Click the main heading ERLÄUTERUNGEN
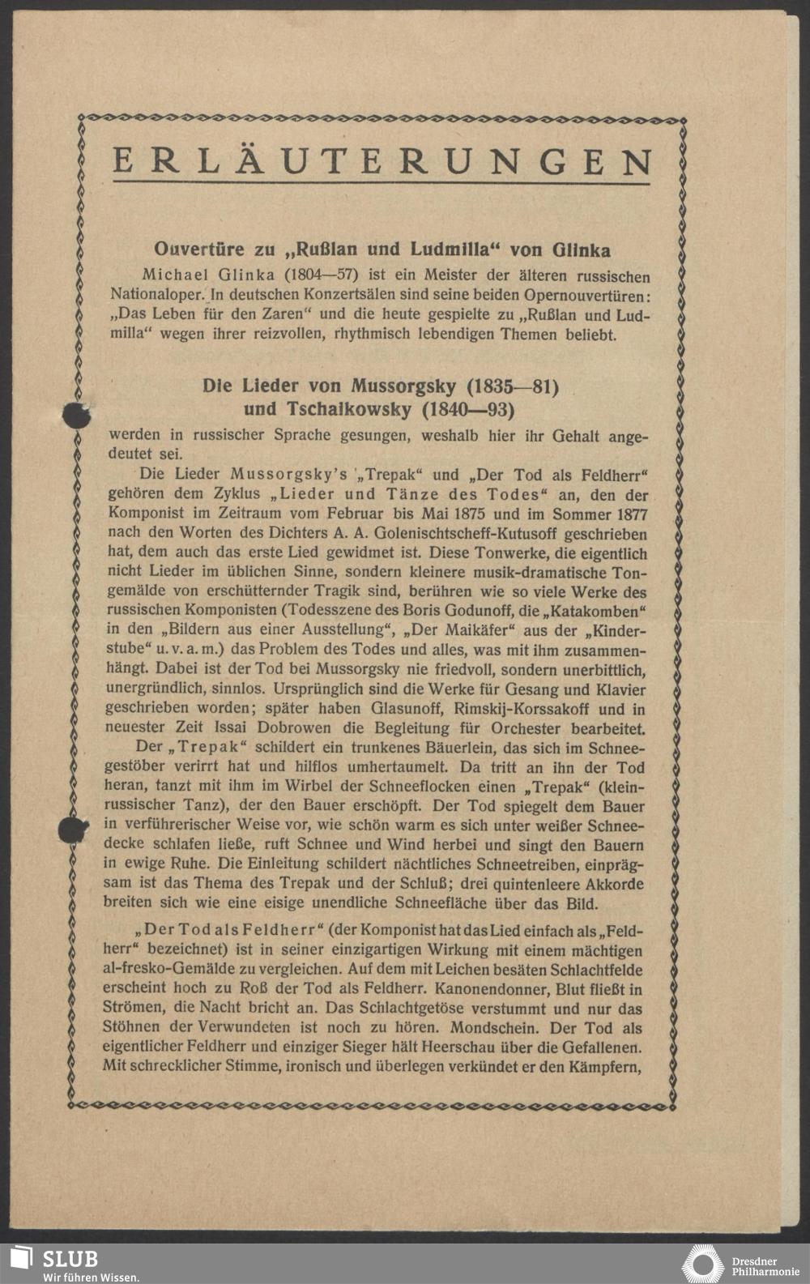(x=382, y=163)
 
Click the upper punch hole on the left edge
(x=75, y=414)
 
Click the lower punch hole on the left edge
(x=73, y=830)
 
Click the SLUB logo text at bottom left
(x=70, y=1258)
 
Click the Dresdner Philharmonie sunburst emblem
(x=702, y=1265)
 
